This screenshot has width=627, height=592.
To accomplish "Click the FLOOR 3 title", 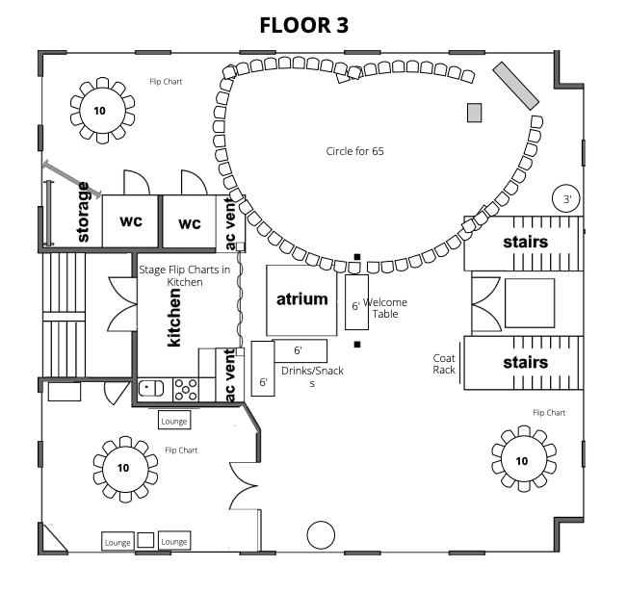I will click(303, 24).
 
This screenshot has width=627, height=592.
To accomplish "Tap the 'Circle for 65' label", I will click(354, 151).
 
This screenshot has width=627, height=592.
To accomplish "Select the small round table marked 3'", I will click(567, 200).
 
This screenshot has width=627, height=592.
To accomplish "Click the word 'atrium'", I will click(301, 299).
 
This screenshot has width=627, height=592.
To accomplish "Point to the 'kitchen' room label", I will click(174, 317).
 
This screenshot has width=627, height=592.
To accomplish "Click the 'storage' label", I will click(84, 212).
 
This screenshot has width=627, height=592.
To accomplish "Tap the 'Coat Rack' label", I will click(444, 364).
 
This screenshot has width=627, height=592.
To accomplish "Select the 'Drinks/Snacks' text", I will click(312, 375).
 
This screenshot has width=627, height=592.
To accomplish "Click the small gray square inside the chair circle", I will click(474, 112).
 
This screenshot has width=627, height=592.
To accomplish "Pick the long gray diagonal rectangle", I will click(516, 86).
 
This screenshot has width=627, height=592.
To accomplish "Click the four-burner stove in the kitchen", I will click(186, 389).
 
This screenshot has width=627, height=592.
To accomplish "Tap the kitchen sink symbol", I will click(151, 389).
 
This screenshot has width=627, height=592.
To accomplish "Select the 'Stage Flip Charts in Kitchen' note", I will click(186, 275).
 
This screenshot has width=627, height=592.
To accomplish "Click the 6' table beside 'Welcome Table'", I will click(355, 305).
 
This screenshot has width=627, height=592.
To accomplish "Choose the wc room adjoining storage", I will click(131, 221).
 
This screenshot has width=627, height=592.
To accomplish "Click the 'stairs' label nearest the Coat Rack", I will click(525, 363).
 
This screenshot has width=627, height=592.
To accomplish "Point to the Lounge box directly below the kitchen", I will click(174, 421).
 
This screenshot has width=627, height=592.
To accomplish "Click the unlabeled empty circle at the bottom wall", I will click(319, 534).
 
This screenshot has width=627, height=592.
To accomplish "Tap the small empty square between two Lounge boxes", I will click(145, 540).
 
